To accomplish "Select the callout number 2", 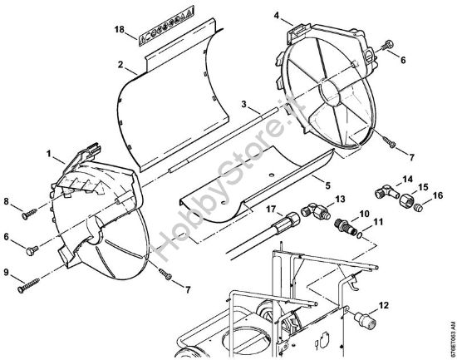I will click(x=120, y=64).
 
